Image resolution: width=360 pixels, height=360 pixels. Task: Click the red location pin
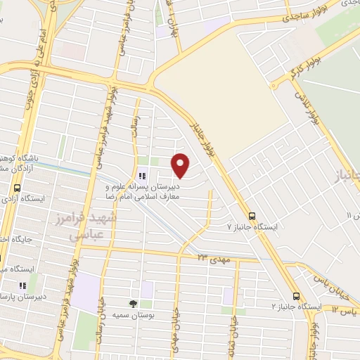pyautogui.click(x=181, y=165)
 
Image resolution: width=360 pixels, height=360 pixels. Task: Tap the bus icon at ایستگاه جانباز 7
pyautogui.click(x=252, y=215)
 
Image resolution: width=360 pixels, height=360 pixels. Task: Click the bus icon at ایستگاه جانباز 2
pyautogui.click(x=296, y=296)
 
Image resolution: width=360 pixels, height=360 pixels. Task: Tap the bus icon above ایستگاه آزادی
pyautogui.click(x=18, y=188)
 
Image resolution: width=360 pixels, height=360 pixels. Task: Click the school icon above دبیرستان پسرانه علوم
pyautogui.click(x=142, y=176)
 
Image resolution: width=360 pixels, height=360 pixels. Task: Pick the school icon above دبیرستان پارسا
pyautogui.click(x=22, y=285)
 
